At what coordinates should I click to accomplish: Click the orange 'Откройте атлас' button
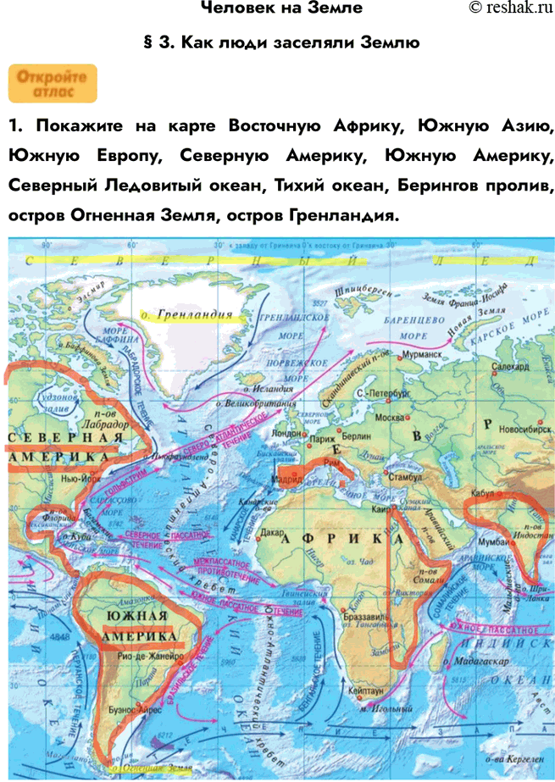click(53, 83)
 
